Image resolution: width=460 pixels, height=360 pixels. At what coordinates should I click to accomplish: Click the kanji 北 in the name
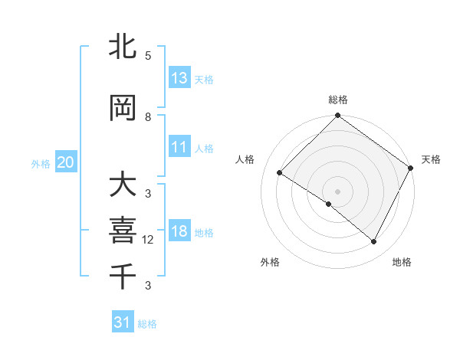(123, 47)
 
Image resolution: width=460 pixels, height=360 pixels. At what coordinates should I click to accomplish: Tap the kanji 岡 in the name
(123, 110)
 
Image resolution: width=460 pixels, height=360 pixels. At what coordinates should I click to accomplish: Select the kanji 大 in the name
(123, 186)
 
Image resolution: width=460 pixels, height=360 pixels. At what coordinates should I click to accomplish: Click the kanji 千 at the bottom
(123, 276)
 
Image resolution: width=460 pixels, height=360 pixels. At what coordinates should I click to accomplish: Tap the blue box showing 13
(179, 78)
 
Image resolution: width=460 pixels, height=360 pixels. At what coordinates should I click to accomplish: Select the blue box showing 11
(179, 148)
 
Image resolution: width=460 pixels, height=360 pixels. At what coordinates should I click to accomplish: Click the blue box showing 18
(179, 232)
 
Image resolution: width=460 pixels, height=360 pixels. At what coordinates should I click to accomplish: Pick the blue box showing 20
(65, 162)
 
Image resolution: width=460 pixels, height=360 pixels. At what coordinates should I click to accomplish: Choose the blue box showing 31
(123, 322)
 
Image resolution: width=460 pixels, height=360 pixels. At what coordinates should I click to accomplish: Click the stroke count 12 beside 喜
(149, 240)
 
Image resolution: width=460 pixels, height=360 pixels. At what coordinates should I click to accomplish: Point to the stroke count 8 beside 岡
(148, 117)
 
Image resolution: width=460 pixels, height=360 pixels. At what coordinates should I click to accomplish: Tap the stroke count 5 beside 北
(148, 56)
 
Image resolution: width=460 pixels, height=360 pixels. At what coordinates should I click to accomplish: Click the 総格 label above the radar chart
(337, 100)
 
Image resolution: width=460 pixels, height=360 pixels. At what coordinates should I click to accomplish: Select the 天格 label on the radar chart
(431, 159)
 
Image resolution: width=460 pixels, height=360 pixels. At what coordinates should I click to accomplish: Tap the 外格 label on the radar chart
(269, 262)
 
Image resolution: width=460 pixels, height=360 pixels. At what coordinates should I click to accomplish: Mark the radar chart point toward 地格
(374, 242)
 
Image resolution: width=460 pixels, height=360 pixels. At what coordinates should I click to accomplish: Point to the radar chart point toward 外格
(329, 205)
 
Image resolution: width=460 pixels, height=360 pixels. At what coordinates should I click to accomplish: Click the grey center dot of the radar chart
(337, 191)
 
